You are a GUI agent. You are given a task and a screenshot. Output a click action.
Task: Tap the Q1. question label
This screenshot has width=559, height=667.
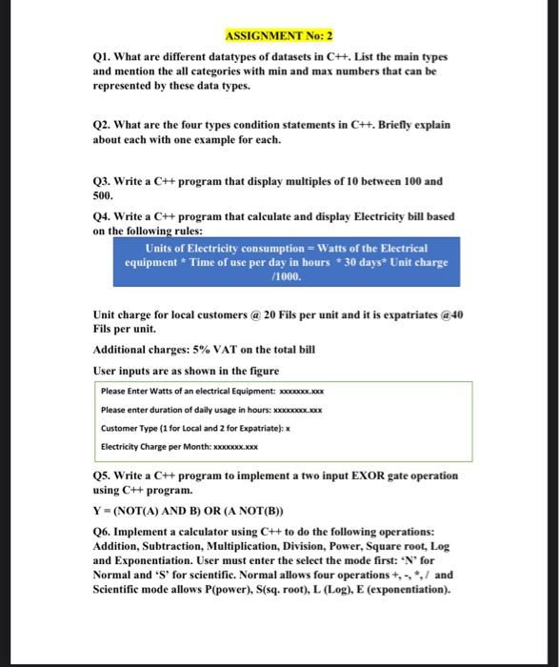105,57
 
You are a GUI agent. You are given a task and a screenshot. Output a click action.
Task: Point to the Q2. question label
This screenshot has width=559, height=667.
105,125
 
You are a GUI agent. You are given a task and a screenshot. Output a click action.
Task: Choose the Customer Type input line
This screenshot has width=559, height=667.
194,427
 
